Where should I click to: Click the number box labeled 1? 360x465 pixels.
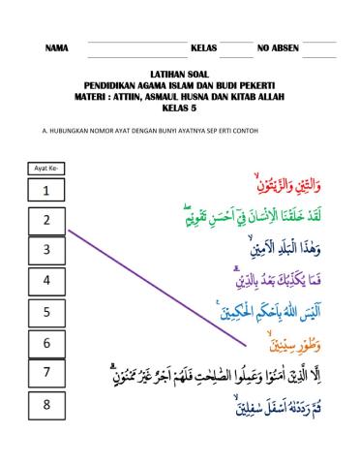[x=46, y=193]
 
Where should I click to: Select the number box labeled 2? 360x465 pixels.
[x=46, y=222]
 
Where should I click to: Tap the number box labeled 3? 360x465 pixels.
[x=46, y=251]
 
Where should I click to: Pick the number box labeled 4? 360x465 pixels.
[x=46, y=282]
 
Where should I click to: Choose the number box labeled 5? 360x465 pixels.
[x=46, y=313]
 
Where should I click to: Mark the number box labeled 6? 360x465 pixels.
[x=46, y=343]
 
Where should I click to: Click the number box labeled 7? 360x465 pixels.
[x=46, y=373]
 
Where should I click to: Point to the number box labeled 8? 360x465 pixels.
[x=46, y=404]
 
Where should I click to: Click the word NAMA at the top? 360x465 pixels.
[x=57, y=47]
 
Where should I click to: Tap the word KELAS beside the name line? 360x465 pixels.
[x=203, y=47]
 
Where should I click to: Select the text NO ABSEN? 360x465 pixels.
[x=278, y=47]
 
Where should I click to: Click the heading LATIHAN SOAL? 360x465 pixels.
[x=180, y=74]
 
